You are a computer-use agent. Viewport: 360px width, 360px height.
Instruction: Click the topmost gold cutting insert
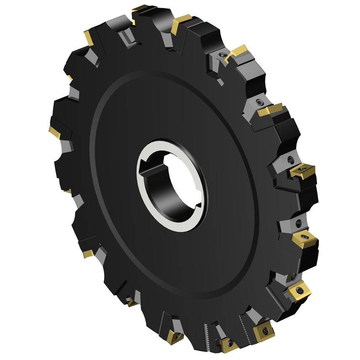point(140,8)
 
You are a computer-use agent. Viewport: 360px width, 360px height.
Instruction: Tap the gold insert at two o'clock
point(270,110)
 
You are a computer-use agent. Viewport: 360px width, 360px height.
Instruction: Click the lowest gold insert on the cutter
point(229,344)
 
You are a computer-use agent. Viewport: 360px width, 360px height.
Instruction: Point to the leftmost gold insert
point(54,132)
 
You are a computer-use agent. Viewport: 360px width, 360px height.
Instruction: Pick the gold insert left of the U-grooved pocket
point(89,38)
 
